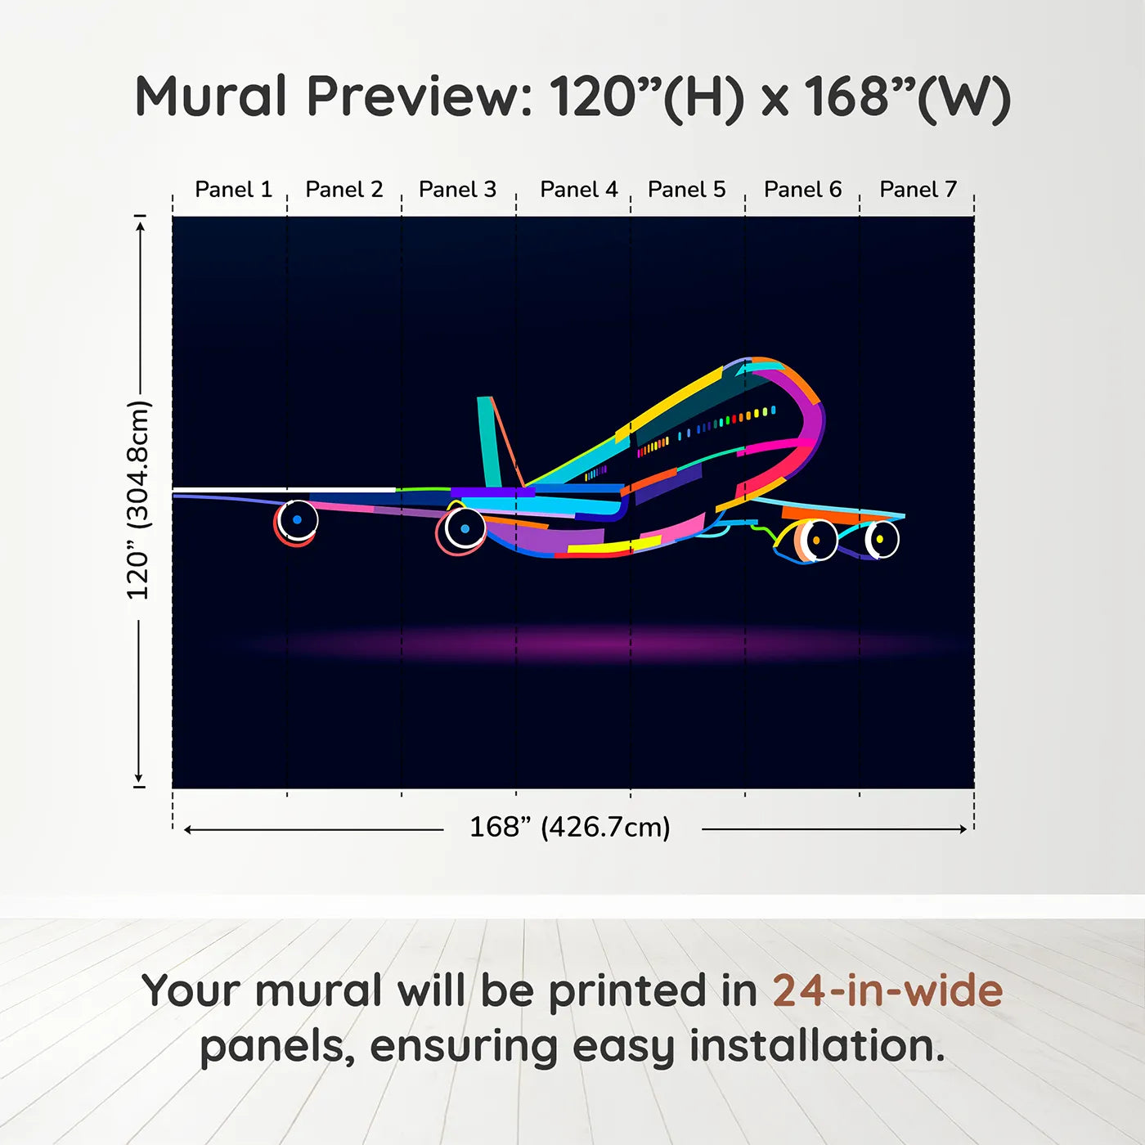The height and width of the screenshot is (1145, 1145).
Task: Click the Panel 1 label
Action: (233, 190)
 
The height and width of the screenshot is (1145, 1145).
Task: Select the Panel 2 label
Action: (343, 190)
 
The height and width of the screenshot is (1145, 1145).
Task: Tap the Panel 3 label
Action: (457, 190)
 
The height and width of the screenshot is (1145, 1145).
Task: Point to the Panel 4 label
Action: (578, 190)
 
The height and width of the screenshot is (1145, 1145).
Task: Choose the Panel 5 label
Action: (686, 190)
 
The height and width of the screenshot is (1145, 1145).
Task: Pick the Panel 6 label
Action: (802, 190)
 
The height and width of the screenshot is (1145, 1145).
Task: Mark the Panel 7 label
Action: (918, 190)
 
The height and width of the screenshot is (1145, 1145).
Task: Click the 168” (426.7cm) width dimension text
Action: (569, 828)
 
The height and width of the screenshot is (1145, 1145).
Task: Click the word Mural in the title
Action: (210, 97)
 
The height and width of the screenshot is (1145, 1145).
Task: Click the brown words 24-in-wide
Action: (887, 991)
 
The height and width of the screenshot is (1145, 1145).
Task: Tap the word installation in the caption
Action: (816, 1046)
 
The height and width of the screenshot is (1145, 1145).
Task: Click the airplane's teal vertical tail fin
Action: (488, 442)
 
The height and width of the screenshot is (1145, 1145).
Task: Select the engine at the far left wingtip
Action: (296, 521)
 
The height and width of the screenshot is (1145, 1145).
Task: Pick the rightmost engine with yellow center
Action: (880, 540)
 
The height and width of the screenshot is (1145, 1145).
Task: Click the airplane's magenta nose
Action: (810, 417)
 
